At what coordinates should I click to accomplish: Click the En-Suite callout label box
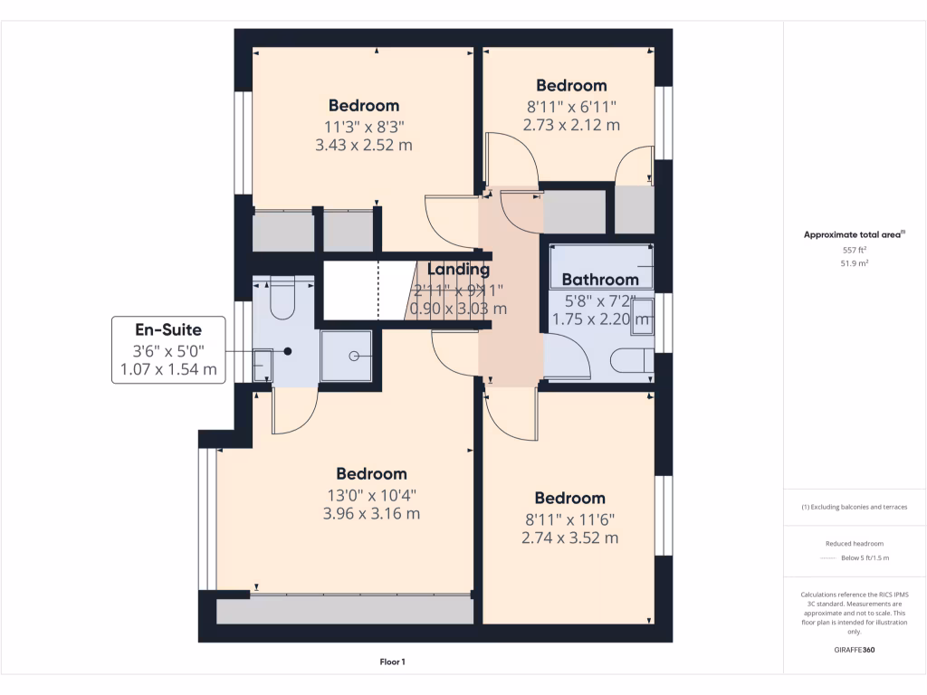168,350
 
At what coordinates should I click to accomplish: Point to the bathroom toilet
632,360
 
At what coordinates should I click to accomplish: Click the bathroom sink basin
641,312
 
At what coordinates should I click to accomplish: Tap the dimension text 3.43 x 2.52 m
364,145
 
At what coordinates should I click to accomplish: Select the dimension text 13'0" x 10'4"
371,495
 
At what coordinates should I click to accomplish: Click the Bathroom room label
600,280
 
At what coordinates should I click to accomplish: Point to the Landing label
458,269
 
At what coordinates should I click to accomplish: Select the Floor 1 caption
392,662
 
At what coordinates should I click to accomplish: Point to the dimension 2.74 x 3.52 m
569,538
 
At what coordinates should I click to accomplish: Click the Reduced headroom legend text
855,544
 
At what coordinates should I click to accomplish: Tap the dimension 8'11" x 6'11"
571,107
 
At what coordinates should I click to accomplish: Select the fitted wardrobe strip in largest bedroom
345,611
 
